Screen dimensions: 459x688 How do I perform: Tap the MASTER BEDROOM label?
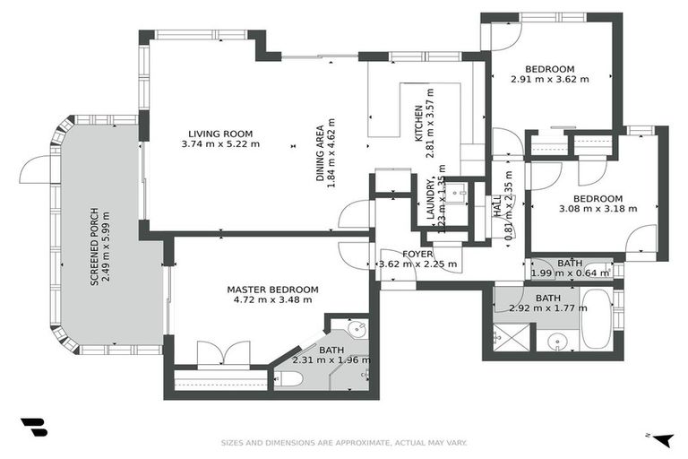pyautogui.click(x=272, y=289)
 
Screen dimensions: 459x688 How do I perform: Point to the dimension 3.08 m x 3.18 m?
pyautogui.click(x=598, y=209)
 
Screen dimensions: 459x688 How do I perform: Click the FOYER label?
pyautogui.click(x=417, y=254)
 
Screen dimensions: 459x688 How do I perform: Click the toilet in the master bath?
pyautogui.click(x=289, y=379)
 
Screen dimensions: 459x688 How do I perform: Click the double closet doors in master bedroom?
pyautogui.click(x=220, y=353)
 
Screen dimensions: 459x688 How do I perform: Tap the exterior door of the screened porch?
pyautogui.click(x=36, y=169)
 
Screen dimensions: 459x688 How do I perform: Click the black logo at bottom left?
pyautogui.click(x=33, y=428)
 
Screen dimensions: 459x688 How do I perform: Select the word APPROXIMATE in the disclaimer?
pyautogui.click(x=349, y=442)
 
